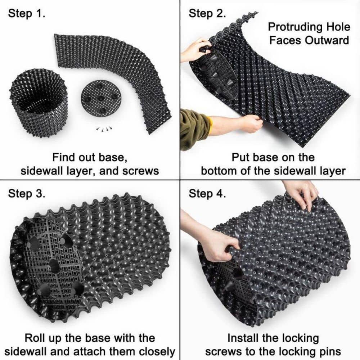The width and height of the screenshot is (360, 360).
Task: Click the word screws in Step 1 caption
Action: (x=141, y=170)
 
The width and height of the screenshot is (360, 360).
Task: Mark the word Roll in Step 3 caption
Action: (x=36, y=338)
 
